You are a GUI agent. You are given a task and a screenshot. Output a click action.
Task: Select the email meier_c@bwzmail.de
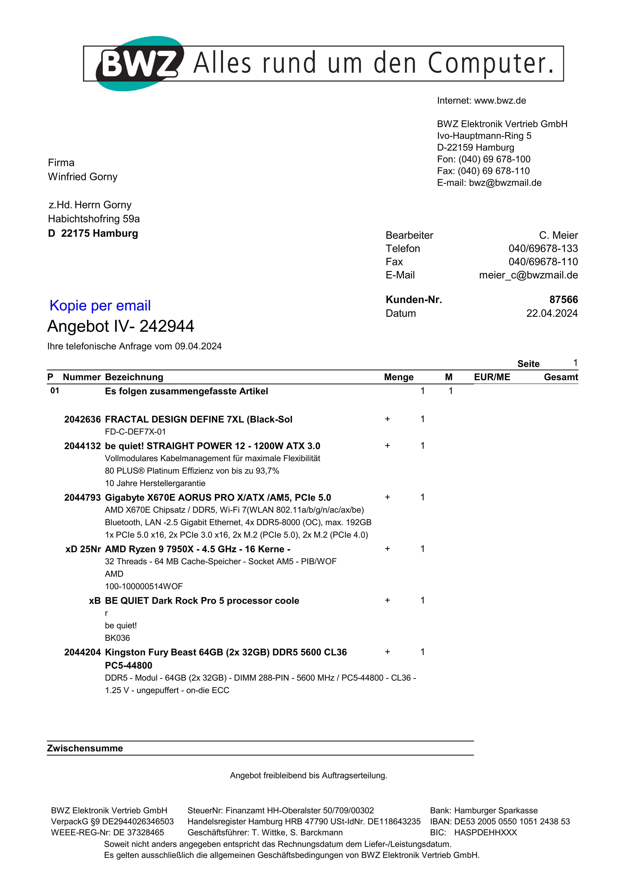528,275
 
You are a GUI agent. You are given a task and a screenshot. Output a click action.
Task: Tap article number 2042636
82,419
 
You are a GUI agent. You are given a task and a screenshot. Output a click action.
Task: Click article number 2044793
82,498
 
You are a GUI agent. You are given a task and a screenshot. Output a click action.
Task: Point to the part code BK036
117,638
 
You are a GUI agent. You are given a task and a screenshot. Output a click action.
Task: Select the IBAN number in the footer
512,821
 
